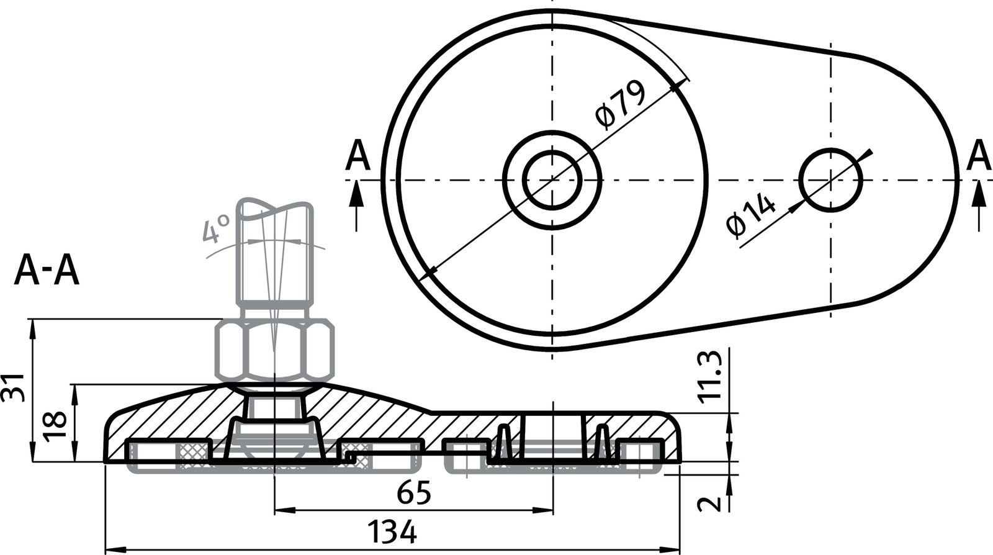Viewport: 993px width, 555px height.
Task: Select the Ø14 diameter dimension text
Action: point(751,215)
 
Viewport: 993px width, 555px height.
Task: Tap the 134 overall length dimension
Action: point(392,533)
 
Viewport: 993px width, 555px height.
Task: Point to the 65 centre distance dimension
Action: point(413,495)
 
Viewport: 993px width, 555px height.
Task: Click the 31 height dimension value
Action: point(14,387)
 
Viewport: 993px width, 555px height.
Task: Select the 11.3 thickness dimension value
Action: point(709,376)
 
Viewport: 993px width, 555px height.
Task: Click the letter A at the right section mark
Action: point(979,155)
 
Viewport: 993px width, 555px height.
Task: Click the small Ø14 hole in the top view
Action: point(830,180)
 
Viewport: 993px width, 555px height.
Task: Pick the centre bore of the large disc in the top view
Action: point(552,180)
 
